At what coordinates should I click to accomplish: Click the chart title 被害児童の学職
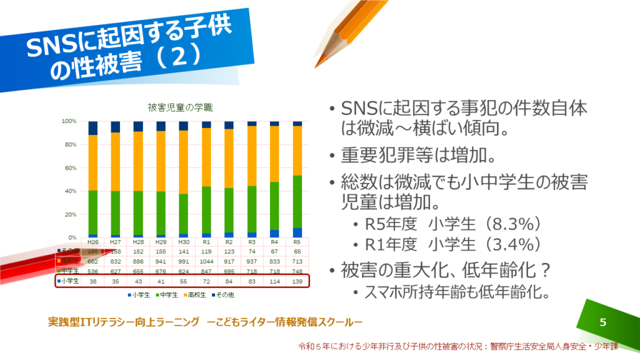click(179, 107)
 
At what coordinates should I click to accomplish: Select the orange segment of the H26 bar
click(93, 162)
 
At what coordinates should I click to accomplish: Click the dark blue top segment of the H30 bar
click(184, 126)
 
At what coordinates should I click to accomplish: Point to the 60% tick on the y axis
click(69, 167)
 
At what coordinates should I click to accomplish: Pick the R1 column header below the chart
click(206, 242)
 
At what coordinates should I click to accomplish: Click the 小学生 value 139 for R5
click(297, 281)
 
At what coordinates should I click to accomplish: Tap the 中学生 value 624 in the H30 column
click(184, 271)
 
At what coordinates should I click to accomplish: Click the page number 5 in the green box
click(602, 322)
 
